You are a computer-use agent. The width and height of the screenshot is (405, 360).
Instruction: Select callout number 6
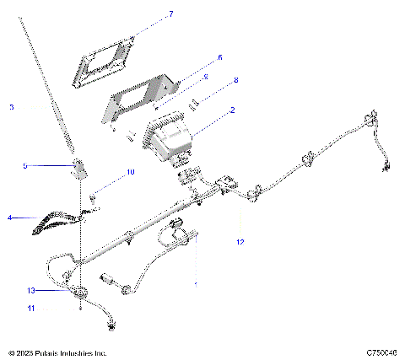pos(219,57)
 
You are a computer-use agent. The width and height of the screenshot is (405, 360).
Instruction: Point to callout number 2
pos(232,110)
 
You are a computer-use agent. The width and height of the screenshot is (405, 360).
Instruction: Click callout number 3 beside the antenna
pos(12,107)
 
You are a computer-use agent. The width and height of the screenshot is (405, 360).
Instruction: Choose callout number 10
pos(131,172)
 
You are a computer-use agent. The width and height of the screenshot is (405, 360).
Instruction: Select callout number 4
pos(9,218)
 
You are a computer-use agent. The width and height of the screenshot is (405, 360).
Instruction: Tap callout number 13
pos(30,290)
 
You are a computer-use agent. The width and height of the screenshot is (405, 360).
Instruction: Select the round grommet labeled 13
pos(80,293)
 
